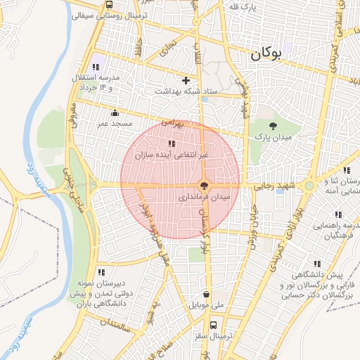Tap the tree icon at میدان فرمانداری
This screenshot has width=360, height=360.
[x=203, y=186]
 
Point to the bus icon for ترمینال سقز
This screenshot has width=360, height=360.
[x=205, y=325]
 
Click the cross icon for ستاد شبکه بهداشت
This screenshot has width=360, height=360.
[x=186, y=80]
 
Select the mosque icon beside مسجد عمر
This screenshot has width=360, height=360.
[x=115, y=112]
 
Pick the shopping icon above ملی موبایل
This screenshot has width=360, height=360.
[x=206, y=295]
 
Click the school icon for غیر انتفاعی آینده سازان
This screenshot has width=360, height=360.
[x=172, y=143]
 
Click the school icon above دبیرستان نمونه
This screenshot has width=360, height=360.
[x=101, y=271]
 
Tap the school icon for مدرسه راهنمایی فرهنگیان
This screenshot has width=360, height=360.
[x=338, y=214]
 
